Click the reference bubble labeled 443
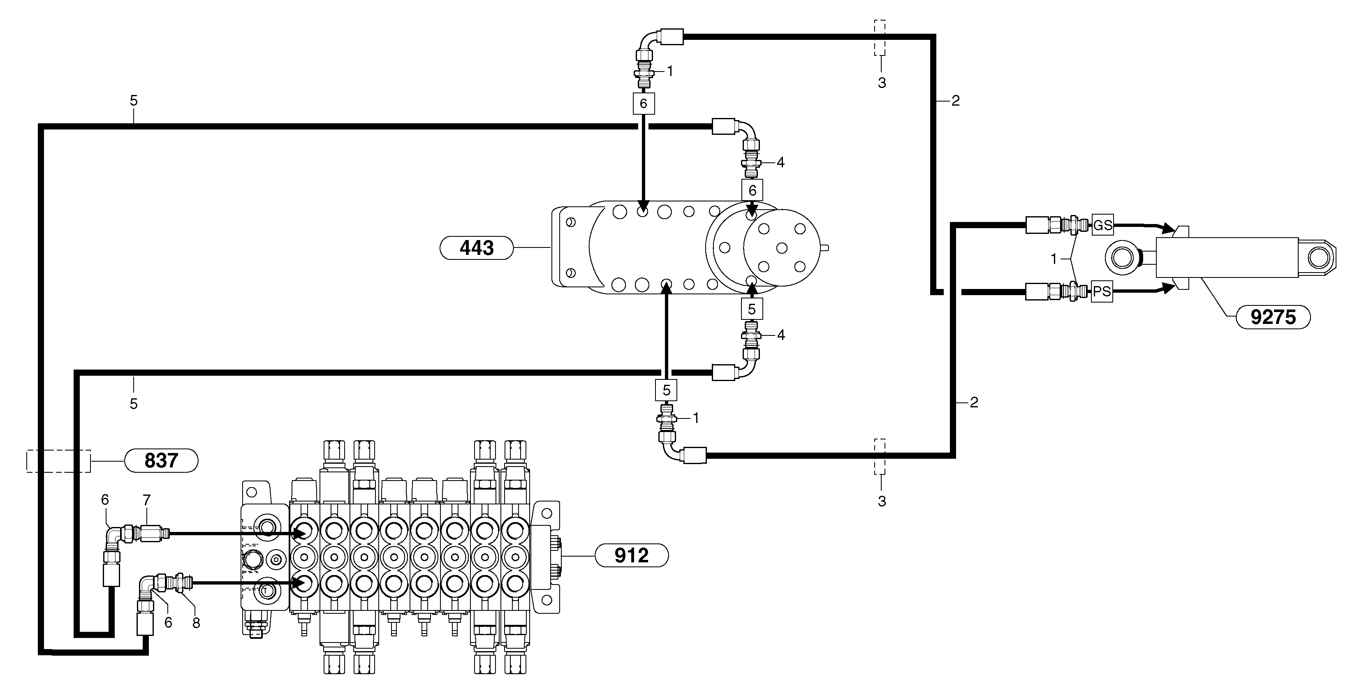477,247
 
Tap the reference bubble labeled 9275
1273,317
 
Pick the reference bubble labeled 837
161,460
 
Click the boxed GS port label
1103,225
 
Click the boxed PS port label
1102,291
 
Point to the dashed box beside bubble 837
58,461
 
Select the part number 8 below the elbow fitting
196,623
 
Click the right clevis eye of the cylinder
1318,258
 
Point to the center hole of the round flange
782,247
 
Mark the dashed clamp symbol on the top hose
880,38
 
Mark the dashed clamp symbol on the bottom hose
880,456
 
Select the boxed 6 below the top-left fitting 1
644,103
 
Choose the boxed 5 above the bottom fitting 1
666,390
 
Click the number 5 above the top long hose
133,101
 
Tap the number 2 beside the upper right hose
955,101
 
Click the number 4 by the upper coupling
780,162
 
